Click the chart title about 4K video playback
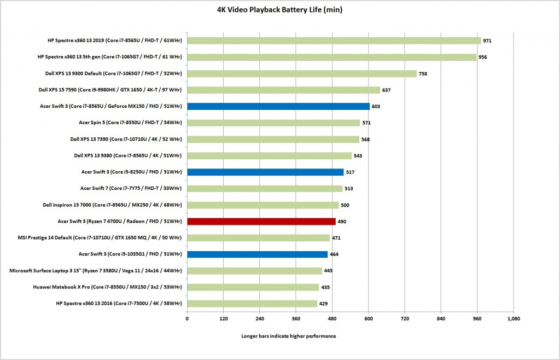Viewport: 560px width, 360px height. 279,9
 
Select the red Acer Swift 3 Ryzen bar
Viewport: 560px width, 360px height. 261,222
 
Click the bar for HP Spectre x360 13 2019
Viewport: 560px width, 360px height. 334,40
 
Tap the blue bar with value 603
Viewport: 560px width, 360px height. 278,106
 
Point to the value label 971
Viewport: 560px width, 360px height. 488,41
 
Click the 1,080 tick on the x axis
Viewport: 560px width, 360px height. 513,318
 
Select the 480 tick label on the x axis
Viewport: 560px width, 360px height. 332,318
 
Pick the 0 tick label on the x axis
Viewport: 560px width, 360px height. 187,318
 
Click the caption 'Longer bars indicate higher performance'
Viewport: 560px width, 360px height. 288,336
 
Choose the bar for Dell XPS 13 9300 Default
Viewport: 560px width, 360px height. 302,73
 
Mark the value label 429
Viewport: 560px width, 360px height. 324,304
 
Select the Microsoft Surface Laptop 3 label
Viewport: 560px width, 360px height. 96,271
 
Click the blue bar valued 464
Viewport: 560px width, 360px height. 257,254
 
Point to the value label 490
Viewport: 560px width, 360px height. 342,222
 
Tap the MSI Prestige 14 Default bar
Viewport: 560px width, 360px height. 258,238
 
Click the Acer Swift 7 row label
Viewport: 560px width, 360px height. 131,188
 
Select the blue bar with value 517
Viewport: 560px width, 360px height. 265,172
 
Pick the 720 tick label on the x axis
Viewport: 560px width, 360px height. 405,318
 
